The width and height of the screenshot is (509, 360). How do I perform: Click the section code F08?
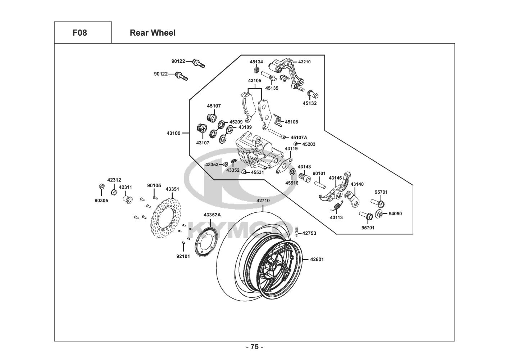click(x=79, y=33)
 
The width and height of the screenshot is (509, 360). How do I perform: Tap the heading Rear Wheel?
click(x=153, y=33)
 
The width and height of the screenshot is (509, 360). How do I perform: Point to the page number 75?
click(x=254, y=347)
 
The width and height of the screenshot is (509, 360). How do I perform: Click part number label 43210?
click(x=304, y=62)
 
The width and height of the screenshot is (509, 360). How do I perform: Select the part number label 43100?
click(x=173, y=133)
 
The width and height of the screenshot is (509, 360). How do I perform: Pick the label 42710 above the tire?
click(x=263, y=200)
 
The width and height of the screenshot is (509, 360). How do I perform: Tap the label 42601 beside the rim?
click(x=317, y=259)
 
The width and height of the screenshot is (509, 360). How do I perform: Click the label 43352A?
click(x=212, y=215)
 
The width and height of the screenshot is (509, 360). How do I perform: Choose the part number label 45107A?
click(x=299, y=138)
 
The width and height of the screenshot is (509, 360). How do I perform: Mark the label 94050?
click(x=395, y=213)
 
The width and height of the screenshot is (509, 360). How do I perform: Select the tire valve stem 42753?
click(x=297, y=231)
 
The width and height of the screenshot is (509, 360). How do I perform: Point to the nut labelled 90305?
click(x=101, y=186)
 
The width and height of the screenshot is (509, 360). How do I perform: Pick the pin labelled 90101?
click(x=319, y=183)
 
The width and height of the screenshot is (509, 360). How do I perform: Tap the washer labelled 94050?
click(x=380, y=213)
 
